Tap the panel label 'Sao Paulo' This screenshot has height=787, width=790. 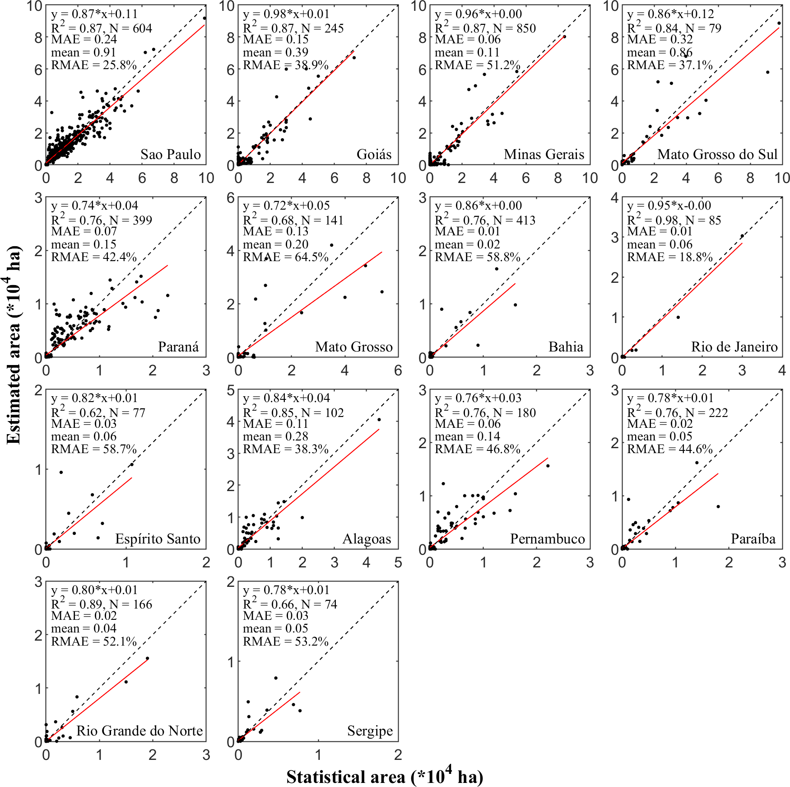coord(170,155)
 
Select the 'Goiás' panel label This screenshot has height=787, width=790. coord(374,155)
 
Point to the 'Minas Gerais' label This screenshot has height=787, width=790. coord(544,155)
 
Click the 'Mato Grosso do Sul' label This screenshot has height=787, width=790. coord(717,155)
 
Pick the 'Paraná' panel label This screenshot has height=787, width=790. coord(178,347)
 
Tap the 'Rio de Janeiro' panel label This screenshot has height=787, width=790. coord(734,347)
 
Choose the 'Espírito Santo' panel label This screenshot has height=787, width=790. coord(158,539)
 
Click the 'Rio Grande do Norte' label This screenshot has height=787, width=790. coord(139,731)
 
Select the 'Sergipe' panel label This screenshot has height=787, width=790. coord(370,731)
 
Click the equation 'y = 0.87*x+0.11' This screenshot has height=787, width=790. coord(94,14)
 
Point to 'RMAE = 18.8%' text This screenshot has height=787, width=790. coord(670,257)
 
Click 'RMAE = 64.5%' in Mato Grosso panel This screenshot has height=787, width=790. coord(286,257)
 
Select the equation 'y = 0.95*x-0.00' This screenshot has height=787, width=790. coord(669,206)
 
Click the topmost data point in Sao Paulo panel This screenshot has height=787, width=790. coord(204,18)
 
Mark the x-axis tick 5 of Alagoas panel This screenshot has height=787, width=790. coord(398,563)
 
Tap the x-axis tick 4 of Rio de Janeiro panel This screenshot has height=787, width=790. coord(782,371)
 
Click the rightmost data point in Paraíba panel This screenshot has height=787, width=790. coord(718,506)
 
